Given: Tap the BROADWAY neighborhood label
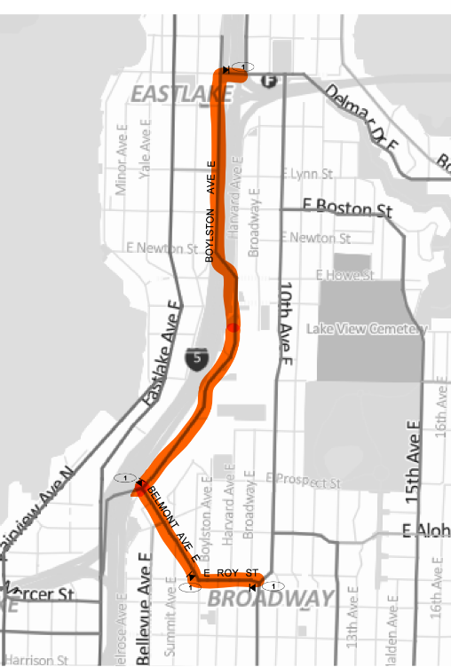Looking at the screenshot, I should [271, 600].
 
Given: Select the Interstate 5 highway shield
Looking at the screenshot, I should [196, 358].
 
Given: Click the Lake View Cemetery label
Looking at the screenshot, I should [367, 329].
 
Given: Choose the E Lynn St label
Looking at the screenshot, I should [305, 174].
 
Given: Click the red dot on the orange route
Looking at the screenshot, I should [232, 327].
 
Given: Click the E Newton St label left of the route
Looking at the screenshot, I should [162, 248].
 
